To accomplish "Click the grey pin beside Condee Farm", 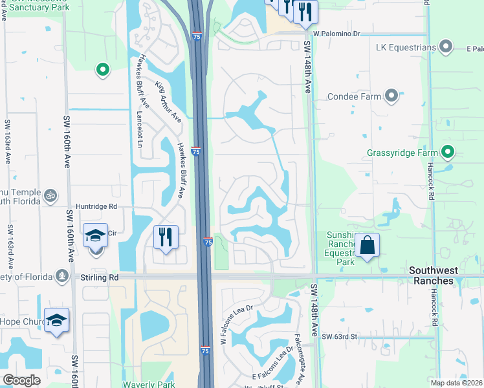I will [x=391, y=96].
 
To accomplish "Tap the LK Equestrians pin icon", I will [x=445, y=47].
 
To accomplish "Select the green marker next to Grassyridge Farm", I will [x=447, y=153].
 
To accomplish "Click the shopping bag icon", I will [x=367, y=246].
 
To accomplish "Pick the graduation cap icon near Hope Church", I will [x=57, y=319].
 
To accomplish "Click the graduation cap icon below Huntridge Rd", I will [x=96, y=235].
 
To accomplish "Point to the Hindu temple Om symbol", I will [x=50, y=194].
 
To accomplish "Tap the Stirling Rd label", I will [x=100, y=277].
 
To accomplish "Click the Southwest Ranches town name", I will [x=445, y=270].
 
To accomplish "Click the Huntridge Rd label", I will [x=95, y=207].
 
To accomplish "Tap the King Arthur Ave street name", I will [x=168, y=102].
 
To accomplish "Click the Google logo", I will [x=21, y=380].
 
